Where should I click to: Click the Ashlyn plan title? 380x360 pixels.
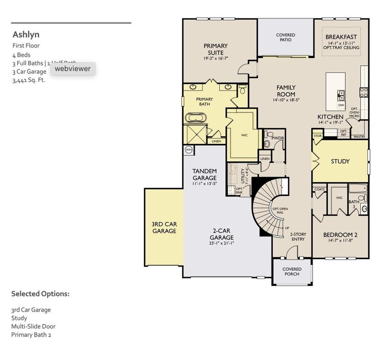point(26,34)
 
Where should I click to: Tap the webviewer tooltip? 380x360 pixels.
point(73,68)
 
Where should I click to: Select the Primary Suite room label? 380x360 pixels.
point(216,46)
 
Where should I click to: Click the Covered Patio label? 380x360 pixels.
point(285,37)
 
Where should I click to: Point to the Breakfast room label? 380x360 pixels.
point(341,37)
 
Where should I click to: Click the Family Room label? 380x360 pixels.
point(286,91)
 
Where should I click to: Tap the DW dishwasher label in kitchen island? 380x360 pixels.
point(342,105)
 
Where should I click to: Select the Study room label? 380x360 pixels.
point(340,161)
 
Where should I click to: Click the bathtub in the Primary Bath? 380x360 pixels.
point(194,118)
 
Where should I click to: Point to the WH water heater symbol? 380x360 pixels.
point(189,150)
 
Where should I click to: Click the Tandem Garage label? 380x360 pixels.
point(205,174)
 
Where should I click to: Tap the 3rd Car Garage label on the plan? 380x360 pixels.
point(164,227)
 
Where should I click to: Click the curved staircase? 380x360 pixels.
point(268,204)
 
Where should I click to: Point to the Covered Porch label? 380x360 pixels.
point(292,272)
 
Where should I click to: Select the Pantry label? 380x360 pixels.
point(359,137)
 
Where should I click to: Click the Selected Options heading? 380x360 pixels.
point(40,294)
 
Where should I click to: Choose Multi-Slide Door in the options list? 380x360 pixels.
point(33,326)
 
